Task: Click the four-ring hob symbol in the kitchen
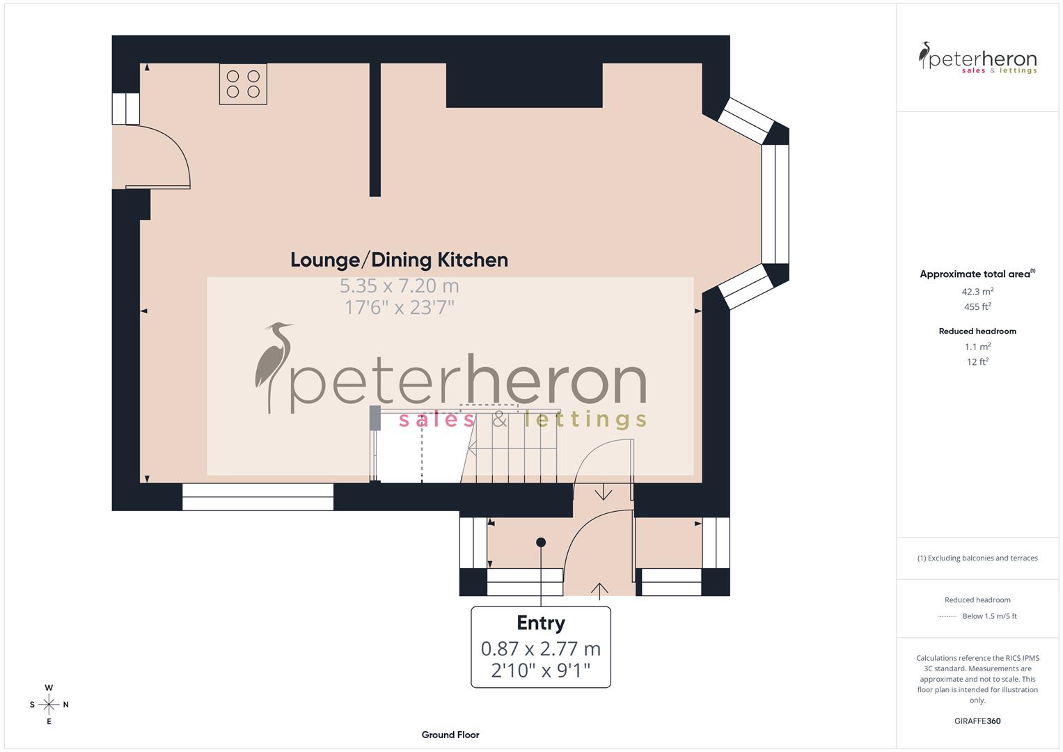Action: coord(243,84)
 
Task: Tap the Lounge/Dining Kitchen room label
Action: coord(399,260)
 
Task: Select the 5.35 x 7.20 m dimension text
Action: coord(399,285)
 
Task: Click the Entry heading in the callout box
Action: coord(540,622)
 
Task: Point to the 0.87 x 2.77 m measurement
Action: coord(540,648)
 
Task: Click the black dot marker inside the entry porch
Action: coord(541,542)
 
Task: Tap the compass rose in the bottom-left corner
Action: coord(49,705)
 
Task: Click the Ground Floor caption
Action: coord(450,735)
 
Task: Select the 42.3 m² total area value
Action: coord(977,292)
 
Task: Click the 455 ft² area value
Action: coord(977,306)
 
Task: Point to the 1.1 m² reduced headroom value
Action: coord(977,346)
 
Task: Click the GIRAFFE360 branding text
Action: coord(977,721)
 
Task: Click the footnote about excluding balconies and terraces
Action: coord(977,558)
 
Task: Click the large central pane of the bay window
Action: coord(775,204)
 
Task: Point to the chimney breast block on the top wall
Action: coord(523,85)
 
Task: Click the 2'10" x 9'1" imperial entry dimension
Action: coord(540,671)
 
